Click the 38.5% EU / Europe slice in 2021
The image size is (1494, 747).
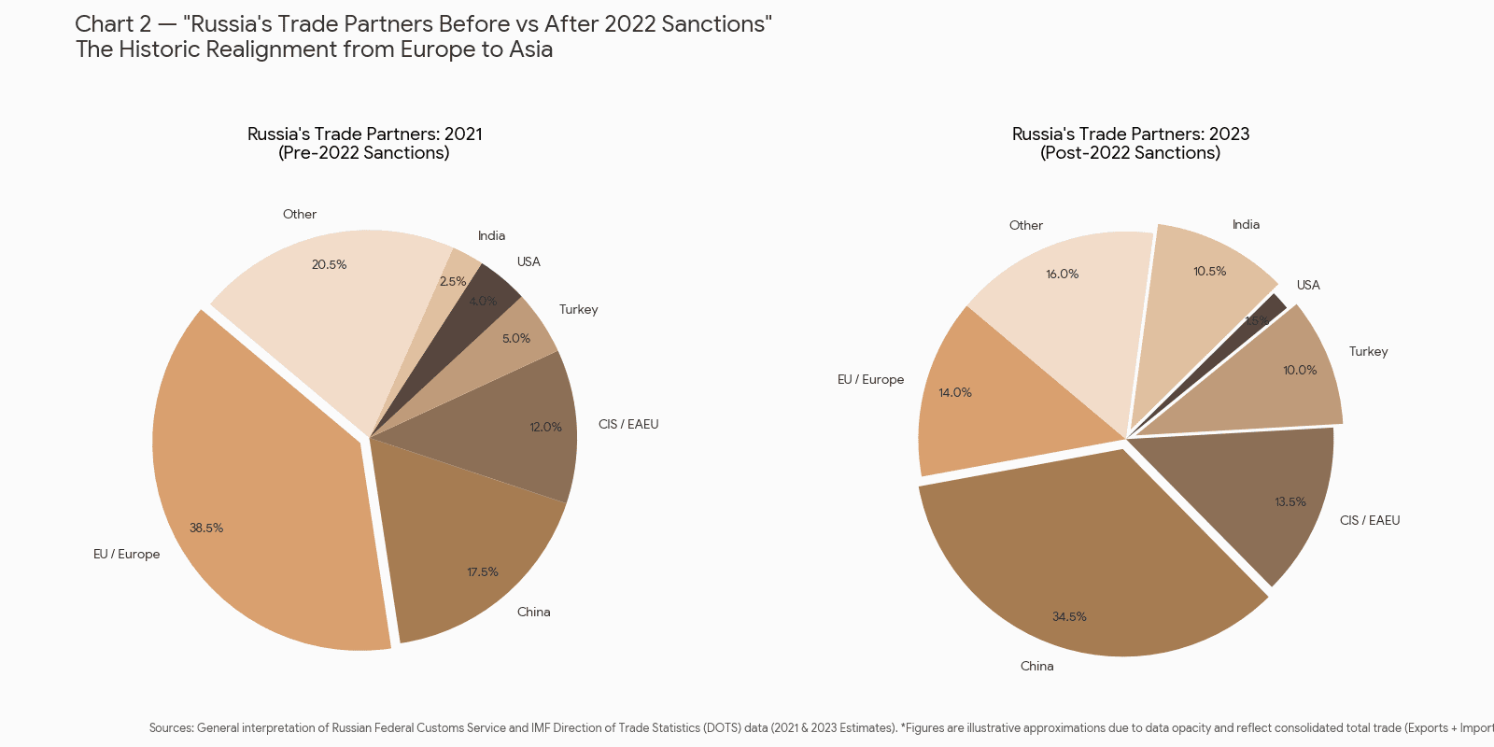252,504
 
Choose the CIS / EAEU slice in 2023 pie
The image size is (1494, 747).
1270,495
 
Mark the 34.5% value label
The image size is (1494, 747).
1069,617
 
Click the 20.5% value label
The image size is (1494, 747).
329,265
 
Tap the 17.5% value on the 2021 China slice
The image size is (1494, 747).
483,572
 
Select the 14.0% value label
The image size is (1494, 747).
955,393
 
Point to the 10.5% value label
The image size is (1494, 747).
1209,272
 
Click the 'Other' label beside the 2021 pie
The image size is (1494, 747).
300,215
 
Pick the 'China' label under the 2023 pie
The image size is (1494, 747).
1036,667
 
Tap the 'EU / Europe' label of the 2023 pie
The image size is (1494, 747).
870,380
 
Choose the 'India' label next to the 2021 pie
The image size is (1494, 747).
491,236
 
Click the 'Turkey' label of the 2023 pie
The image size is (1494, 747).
1368,352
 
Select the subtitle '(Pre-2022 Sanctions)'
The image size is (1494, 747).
364,153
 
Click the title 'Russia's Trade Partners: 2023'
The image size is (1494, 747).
1131,134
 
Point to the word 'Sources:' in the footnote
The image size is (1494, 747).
171,728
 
